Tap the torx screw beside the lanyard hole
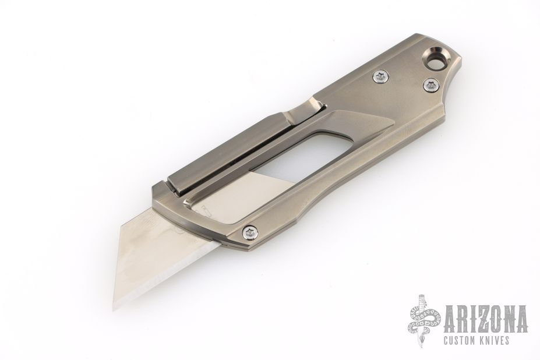click(x=430, y=84)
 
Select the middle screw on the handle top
click(x=381, y=77)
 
